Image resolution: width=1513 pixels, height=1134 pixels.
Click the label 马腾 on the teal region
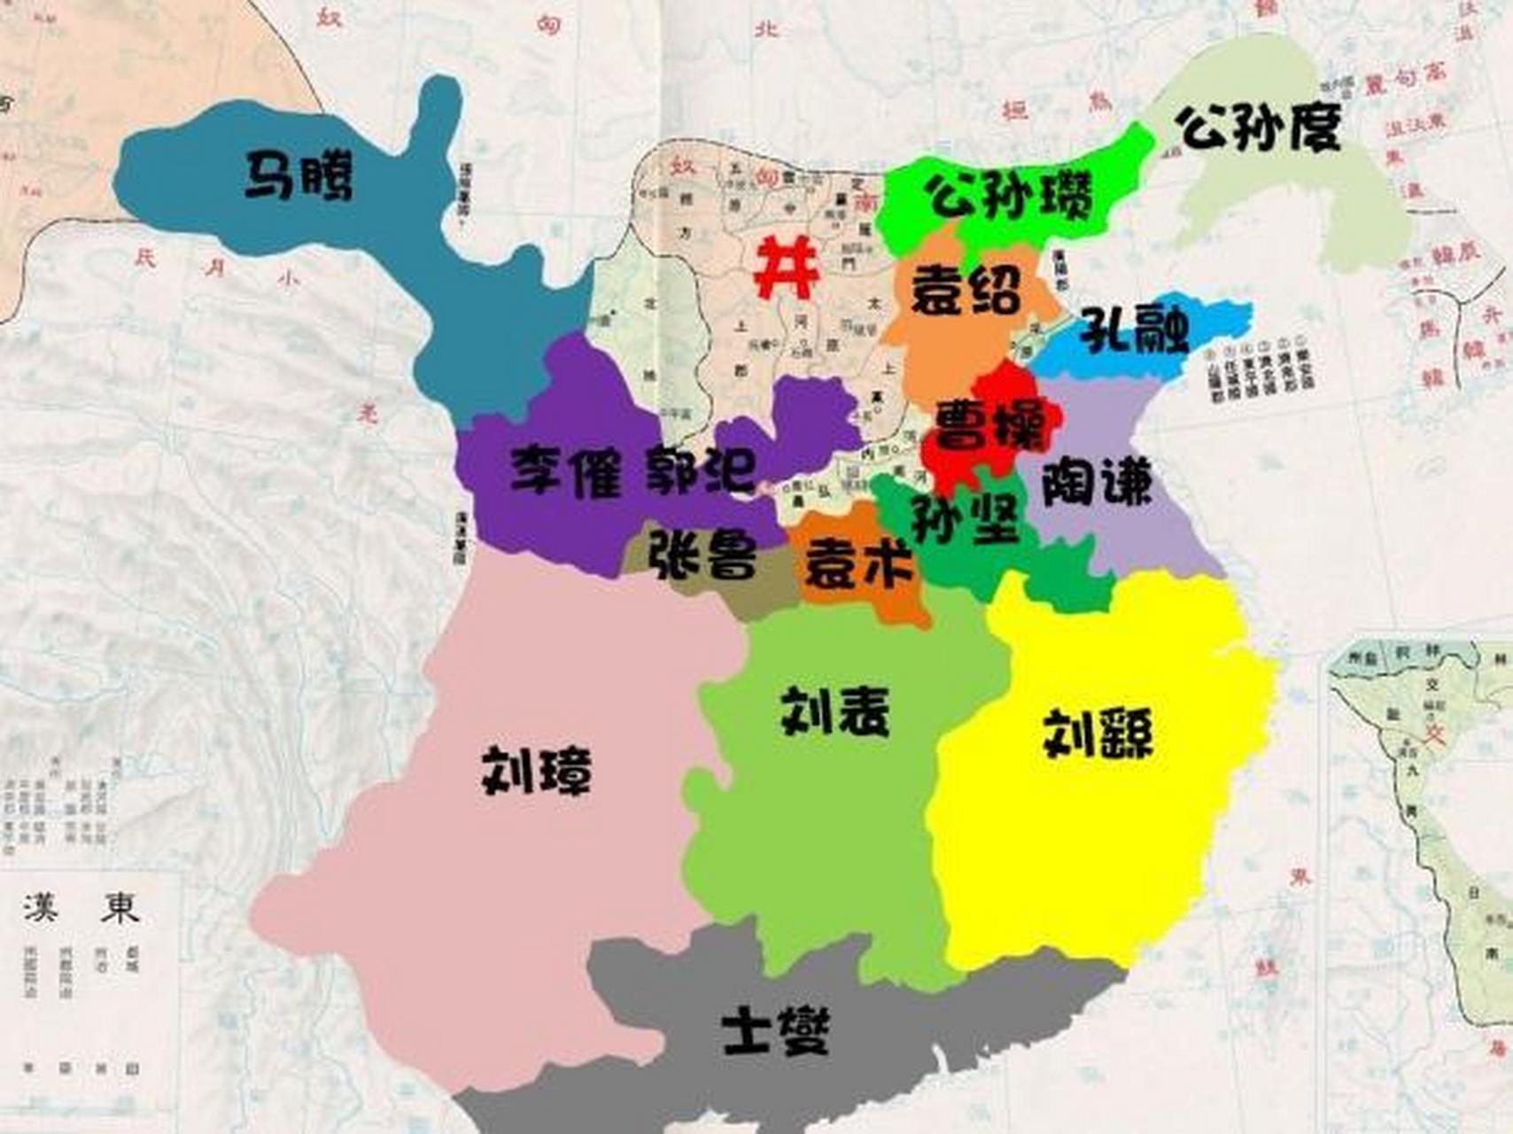pos(299,175)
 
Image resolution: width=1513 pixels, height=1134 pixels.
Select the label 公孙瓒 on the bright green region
pos(1010,196)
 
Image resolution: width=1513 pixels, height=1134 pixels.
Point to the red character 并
pos(785,268)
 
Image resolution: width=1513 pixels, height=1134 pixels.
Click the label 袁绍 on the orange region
pos(966,290)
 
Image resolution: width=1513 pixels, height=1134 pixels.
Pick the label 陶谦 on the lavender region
pos(1097,483)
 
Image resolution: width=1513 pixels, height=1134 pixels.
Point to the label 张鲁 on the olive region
pos(703,555)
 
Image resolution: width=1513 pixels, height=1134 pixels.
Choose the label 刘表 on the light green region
pos(834,711)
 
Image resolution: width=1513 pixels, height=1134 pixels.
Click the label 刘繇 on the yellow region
pos(1098,734)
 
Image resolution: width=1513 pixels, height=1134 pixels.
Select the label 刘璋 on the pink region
pos(536,770)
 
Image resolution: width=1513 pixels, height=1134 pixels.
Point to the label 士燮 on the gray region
pos(776,1031)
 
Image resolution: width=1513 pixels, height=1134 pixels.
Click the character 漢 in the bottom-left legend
pos(42,907)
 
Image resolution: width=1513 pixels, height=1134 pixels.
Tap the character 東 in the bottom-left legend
pos(120,907)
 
